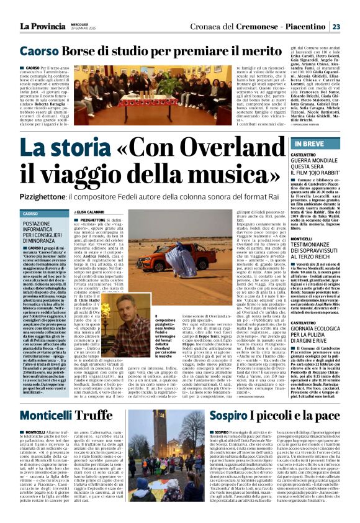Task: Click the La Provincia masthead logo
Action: pyautogui.click(x=44, y=25)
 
